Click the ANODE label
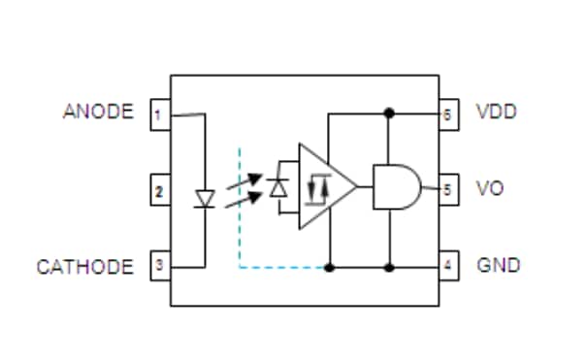(98, 112)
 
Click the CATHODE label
(85, 266)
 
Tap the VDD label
(496, 112)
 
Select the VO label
(489, 188)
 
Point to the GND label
(497, 265)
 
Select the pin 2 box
(158, 190)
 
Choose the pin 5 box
(447, 189)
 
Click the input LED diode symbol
(204, 198)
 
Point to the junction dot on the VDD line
(390, 113)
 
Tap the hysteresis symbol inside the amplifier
(317, 188)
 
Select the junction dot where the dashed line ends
(329, 266)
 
